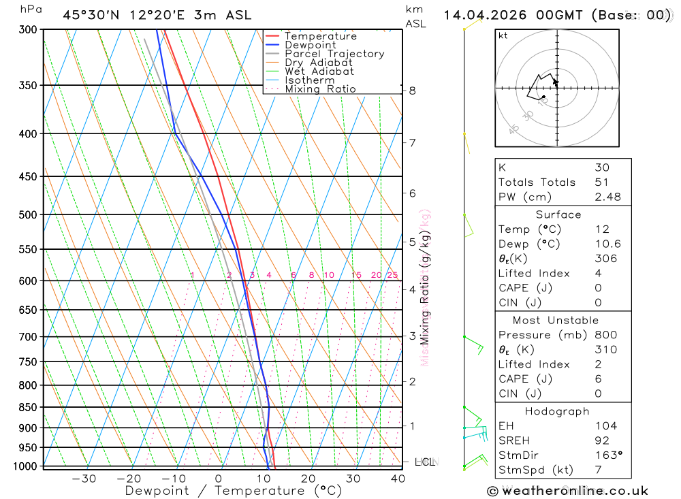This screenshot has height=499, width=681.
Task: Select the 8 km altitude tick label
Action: (412, 91)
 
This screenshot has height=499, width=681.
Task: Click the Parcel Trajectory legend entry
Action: (334, 54)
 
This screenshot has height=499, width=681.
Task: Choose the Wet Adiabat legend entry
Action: (319, 71)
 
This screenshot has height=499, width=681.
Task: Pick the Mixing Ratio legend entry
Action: (320, 89)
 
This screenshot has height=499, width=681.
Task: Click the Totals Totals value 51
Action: (601, 182)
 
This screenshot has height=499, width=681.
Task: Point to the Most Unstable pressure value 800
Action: (605, 335)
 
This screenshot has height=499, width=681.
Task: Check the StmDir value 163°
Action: (608, 455)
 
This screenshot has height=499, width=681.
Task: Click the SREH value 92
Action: (601, 440)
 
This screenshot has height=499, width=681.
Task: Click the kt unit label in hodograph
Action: (503, 35)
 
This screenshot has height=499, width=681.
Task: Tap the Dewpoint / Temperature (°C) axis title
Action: (233, 491)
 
